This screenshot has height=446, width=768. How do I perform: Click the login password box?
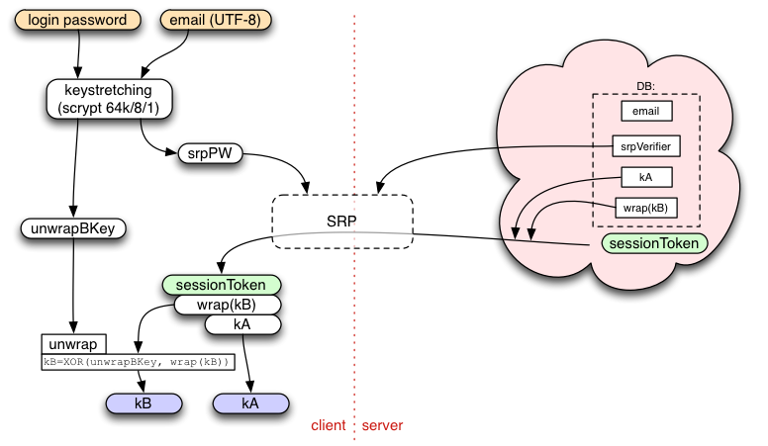click(x=77, y=20)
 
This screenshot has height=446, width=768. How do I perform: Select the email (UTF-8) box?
click(x=216, y=20)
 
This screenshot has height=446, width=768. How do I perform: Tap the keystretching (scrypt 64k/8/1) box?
click(x=109, y=99)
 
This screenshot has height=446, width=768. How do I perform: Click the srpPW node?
click(x=210, y=153)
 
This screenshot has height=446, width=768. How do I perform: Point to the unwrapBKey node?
click(x=73, y=228)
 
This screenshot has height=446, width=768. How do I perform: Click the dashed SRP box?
click(x=342, y=222)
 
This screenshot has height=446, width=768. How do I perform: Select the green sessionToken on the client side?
click(x=222, y=285)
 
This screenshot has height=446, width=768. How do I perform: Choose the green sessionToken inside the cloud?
click(x=654, y=243)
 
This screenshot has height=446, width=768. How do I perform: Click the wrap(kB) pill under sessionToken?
click(x=228, y=305)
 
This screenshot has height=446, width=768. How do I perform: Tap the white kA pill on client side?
click(x=242, y=324)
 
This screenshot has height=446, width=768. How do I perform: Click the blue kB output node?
click(x=144, y=403)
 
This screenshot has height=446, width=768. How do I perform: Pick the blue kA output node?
click(x=250, y=403)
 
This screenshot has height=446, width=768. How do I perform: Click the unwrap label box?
click(x=73, y=344)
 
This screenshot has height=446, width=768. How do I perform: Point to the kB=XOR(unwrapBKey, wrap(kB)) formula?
click(x=138, y=362)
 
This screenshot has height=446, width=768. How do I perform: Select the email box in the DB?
click(x=646, y=111)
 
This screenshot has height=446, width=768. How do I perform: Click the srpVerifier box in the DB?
click(x=646, y=146)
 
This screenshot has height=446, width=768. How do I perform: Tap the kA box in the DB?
click(x=646, y=177)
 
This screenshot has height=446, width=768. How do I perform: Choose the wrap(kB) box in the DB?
click(x=646, y=208)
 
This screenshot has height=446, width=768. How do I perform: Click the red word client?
click(x=329, y=425)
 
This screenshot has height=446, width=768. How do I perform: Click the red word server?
click(x=383, y=425)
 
